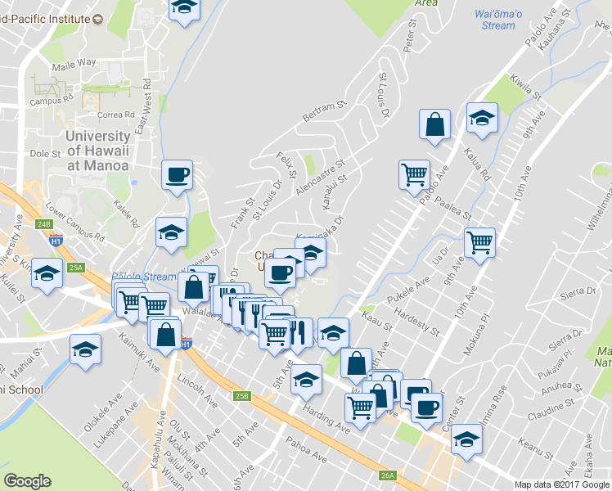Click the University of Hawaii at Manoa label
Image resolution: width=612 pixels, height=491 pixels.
point(97,151)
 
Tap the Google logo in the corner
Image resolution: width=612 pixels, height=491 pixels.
point(27,481)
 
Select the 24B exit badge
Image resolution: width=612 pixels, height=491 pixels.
point(43,223)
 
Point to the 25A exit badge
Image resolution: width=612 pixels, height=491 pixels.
point(77,268)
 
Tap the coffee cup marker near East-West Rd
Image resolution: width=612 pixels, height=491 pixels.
point(177,175)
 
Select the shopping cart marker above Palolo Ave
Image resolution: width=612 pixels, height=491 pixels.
point(415,173)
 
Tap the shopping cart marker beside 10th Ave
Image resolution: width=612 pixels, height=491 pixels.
point(479,241)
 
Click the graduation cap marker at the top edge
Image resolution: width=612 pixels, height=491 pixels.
point(185,7)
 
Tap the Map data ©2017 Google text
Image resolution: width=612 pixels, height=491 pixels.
point(562,484)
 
